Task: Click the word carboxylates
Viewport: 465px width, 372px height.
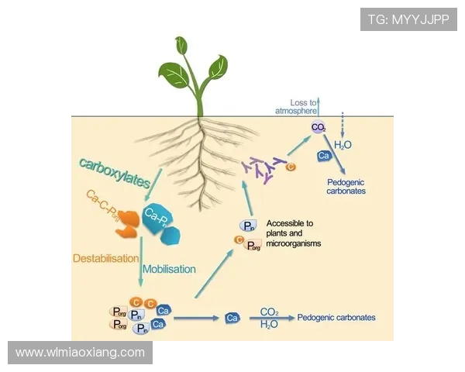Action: coord(114,172)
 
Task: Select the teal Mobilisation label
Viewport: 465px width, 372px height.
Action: coord(169,269)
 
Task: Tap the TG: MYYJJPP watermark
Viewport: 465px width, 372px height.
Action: coord(408,19)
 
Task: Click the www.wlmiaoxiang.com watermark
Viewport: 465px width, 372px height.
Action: coord(81,352)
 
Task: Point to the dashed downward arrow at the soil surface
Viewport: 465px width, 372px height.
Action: coord(343,124)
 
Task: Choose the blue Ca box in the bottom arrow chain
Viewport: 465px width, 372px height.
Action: coord(231,318)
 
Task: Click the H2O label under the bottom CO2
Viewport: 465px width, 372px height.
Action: coord(270,325)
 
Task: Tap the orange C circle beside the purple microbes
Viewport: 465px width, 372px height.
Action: coord(291,167)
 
